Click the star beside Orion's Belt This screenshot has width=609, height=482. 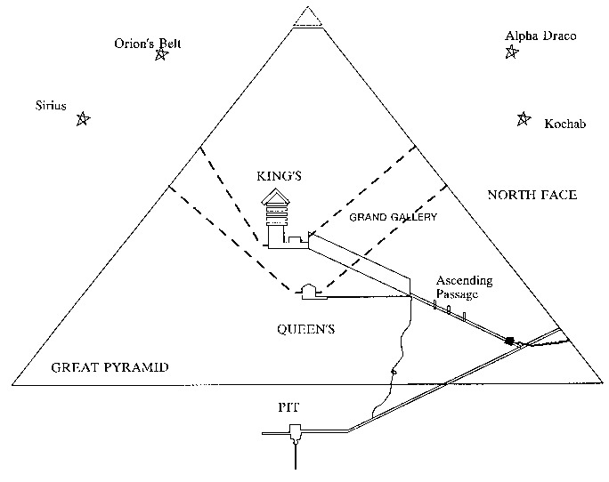pos(161,55)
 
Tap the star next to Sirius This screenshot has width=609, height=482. pos(83,119)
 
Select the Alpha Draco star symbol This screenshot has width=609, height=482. pos(511,52)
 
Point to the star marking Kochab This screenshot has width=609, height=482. pos(524,119)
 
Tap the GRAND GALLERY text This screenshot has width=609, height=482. pos(393,217)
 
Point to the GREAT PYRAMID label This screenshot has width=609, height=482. pos(110,366)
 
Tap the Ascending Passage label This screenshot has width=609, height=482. pos(463,287)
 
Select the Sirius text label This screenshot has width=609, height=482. pos(52,105)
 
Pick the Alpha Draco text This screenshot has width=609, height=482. pos(540,36)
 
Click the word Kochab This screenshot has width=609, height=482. pos(564,125)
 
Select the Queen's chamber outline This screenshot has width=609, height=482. pos(308,289)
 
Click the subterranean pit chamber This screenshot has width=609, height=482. pos(295,434)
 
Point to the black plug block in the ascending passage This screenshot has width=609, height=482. pos(510,341)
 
